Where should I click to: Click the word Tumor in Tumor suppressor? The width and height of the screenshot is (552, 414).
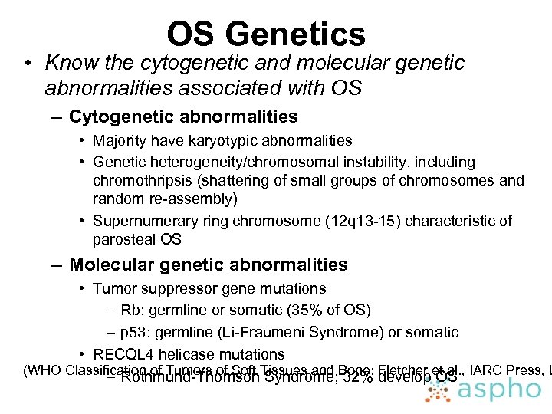pyautogui.click(x=112, y=289)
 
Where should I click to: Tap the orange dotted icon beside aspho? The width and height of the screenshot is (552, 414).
pyautogui.click(x=439, y=390)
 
